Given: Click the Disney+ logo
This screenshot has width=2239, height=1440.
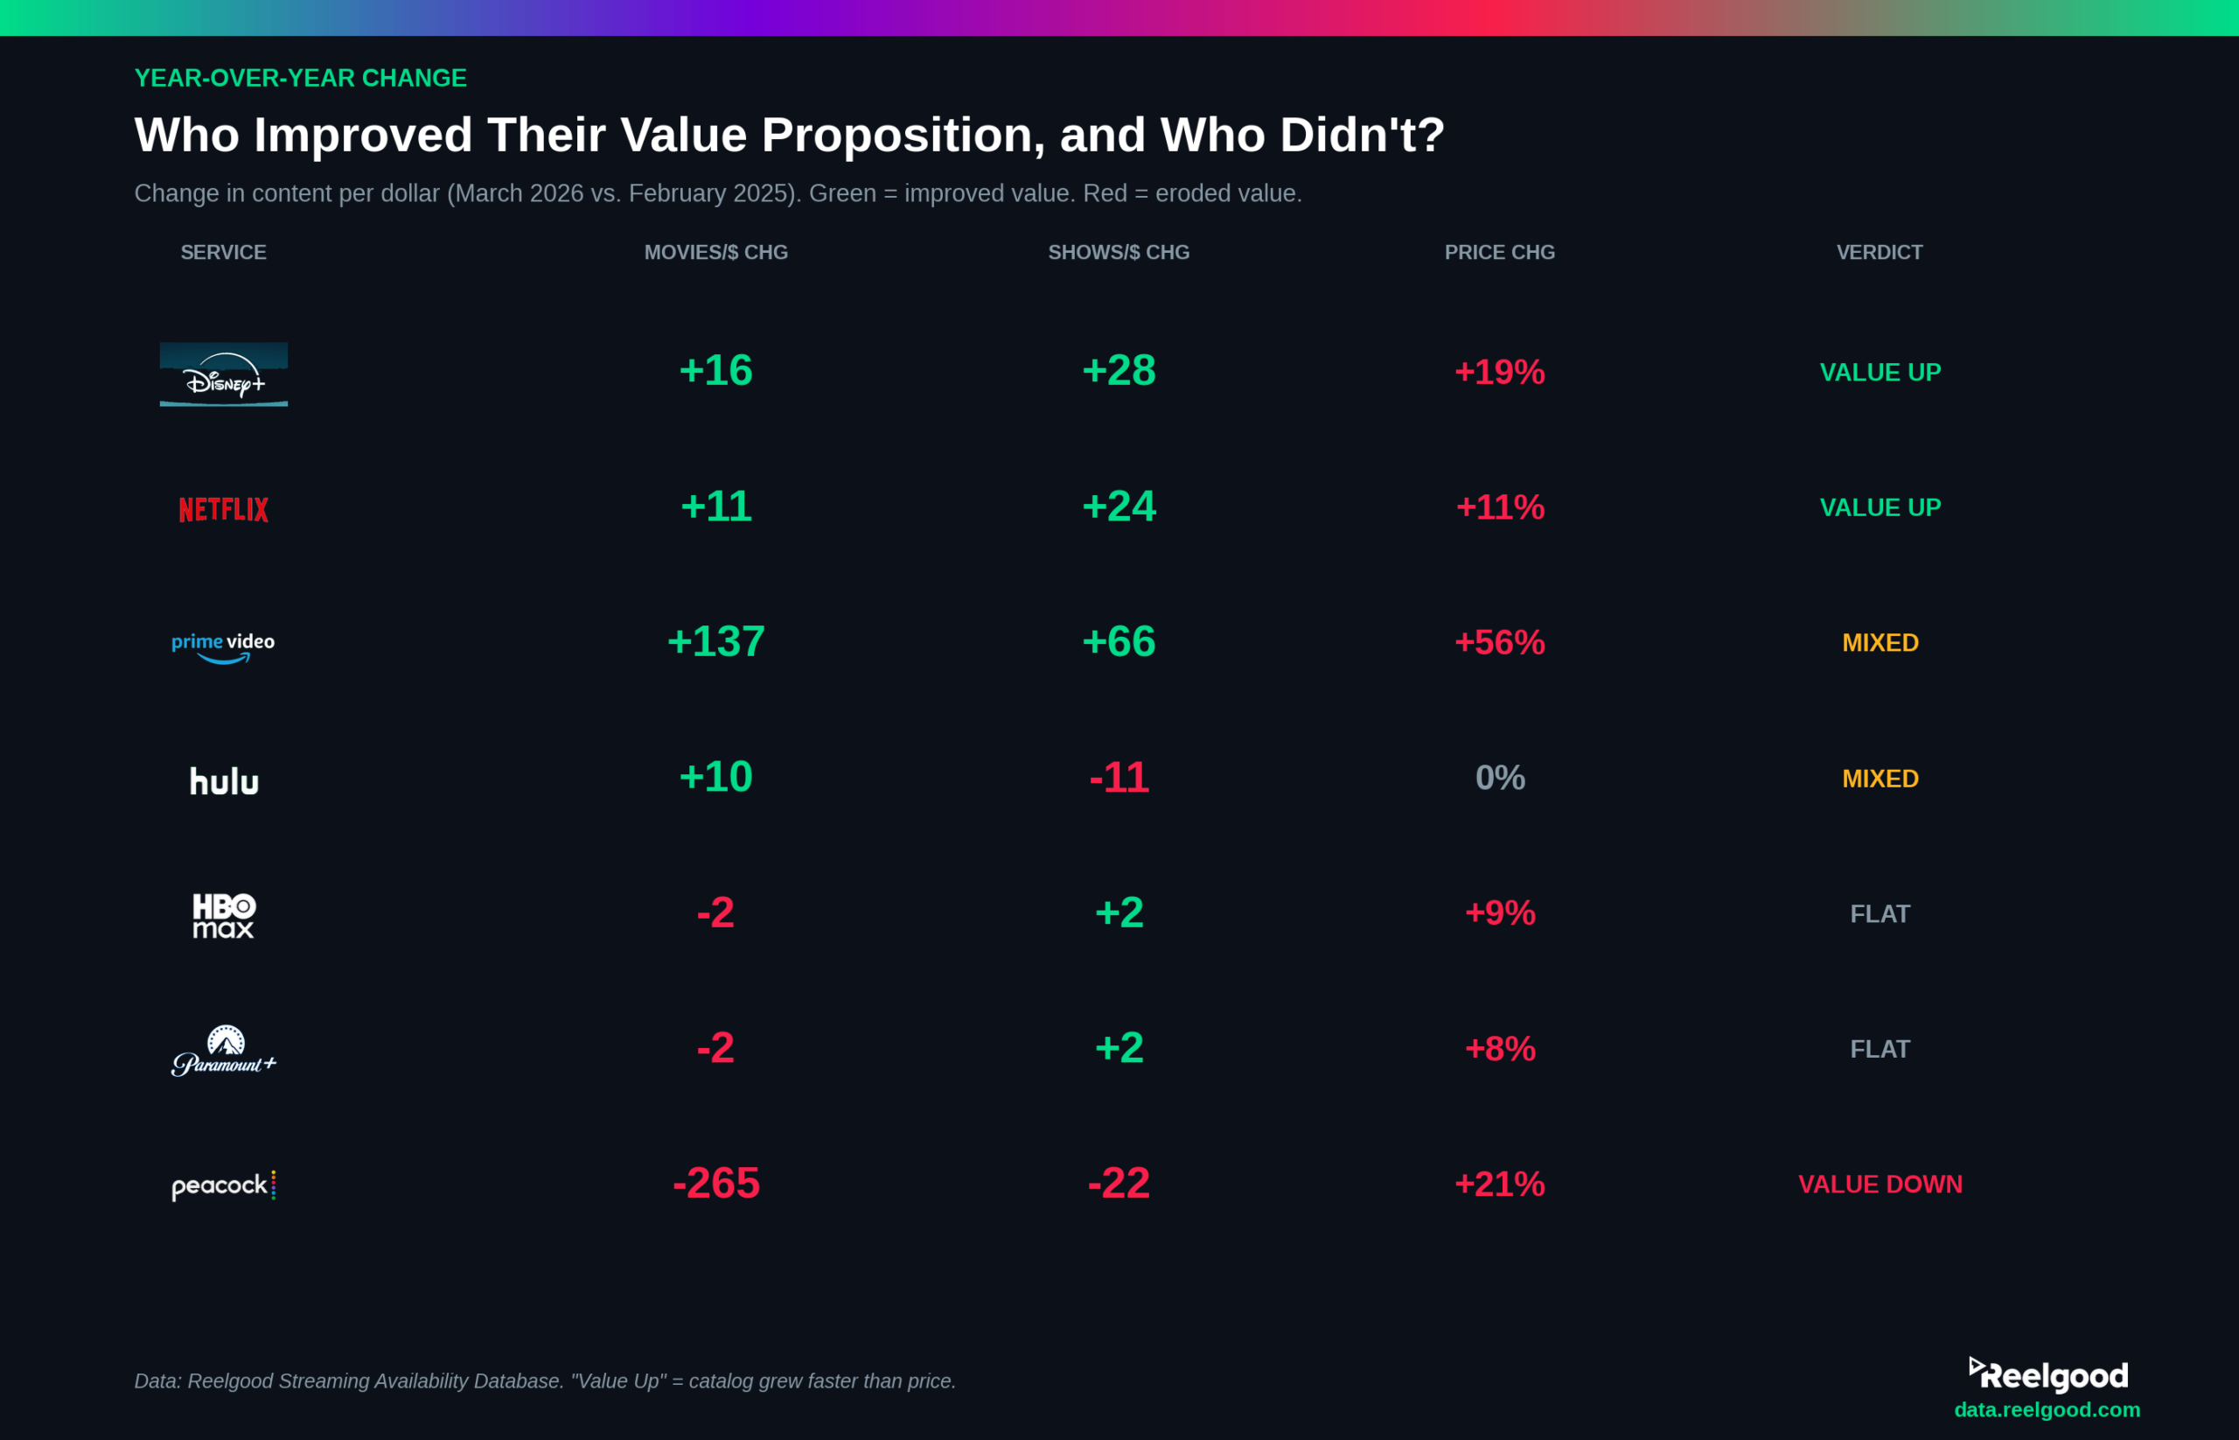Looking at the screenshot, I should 223,374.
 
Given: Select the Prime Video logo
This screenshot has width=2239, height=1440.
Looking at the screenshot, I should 223,645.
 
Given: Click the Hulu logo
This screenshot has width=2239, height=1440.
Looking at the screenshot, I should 223,780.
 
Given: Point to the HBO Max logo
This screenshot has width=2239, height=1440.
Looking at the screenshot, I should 223,915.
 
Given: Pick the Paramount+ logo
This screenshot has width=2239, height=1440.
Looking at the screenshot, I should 223,1051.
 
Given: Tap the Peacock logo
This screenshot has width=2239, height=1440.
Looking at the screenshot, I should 223,1185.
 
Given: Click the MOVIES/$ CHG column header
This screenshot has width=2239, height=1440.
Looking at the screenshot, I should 715,253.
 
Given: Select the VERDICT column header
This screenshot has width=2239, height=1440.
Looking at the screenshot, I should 1879,253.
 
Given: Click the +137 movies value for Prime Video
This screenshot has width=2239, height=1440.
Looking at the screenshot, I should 715,642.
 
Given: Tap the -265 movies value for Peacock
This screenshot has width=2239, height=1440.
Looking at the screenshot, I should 715,1184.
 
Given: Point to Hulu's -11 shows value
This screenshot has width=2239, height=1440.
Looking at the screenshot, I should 1118,778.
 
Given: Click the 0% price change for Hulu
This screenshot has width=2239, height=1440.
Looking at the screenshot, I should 1500,778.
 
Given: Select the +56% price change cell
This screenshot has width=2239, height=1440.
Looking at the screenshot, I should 1500,642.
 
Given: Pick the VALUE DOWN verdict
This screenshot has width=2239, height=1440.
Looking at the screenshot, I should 1879,1184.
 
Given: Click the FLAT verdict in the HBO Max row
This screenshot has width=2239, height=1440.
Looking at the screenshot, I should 1879,913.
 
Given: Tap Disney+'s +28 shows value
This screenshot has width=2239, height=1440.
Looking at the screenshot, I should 1118,371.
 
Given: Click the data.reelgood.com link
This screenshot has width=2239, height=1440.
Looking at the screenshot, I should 2047,1410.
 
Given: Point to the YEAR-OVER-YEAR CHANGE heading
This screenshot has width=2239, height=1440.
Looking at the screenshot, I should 300,79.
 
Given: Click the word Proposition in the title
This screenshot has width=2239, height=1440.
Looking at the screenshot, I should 902,136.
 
